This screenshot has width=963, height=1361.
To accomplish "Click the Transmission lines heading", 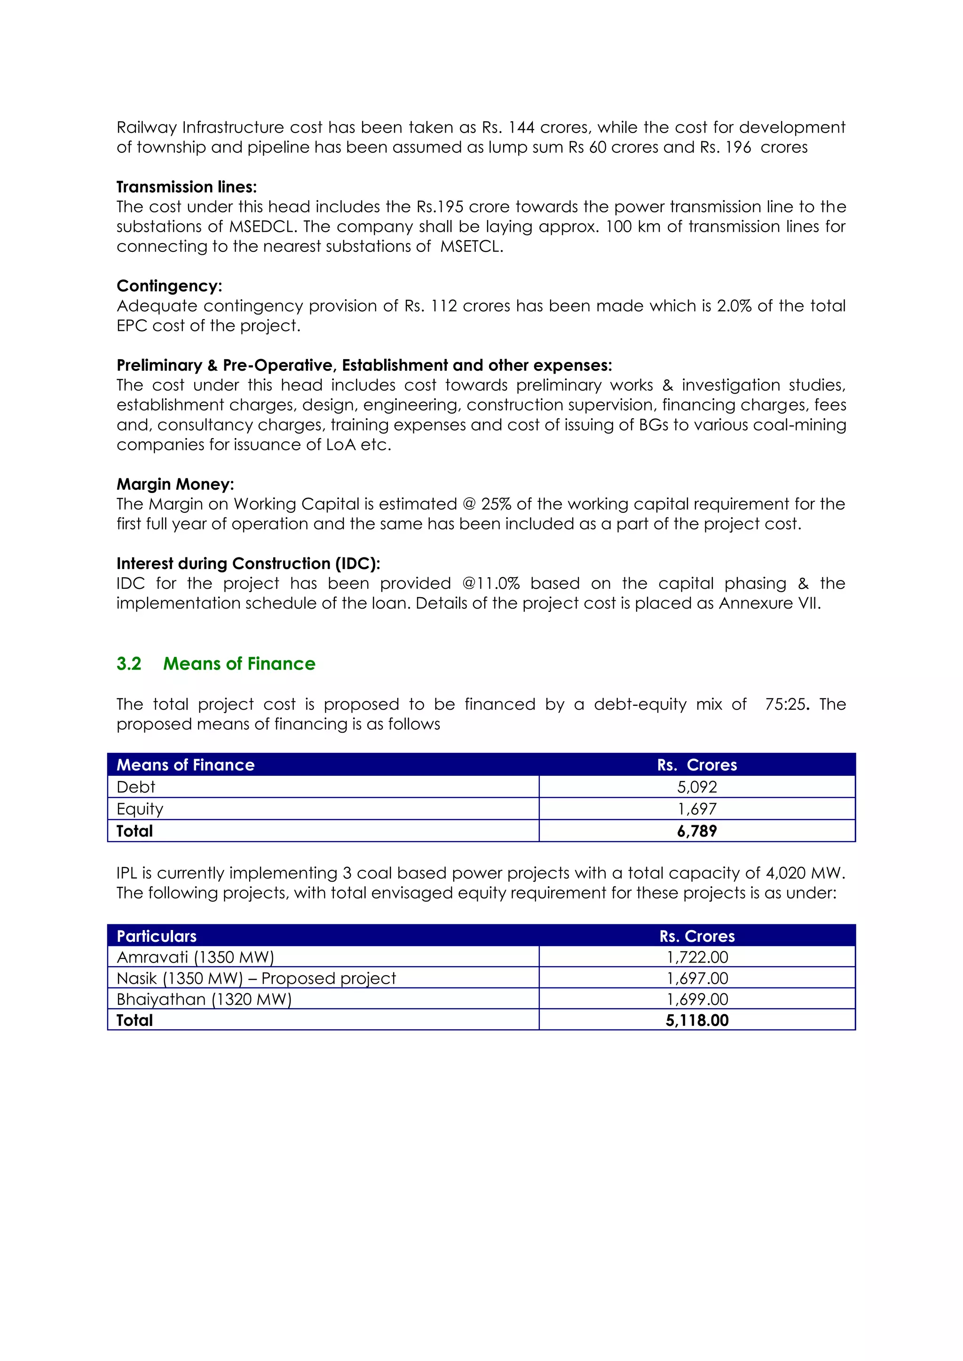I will [186, 188].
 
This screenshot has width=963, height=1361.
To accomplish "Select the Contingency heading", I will [169, 286].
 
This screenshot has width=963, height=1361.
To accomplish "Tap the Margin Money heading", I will [175, 485].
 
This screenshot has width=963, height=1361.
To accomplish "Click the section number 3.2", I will [129, 664].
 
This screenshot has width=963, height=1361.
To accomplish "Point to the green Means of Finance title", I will [239, 664].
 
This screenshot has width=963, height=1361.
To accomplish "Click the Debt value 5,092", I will [697, 787].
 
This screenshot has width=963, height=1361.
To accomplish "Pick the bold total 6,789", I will [697, 831].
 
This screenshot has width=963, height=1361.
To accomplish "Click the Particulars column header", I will [157, 936].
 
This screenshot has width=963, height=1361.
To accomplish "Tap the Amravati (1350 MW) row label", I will [195, 957].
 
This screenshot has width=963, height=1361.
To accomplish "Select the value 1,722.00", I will [697, 957].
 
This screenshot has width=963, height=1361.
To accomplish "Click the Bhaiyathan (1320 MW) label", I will [204, 1000].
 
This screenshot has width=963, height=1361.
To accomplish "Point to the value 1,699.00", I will [697, 1000].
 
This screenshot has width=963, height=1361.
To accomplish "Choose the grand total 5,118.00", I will [697, 1020].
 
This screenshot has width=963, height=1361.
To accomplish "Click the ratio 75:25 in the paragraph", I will [786, 704].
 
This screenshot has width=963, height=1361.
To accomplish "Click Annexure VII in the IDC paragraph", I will [769, 603].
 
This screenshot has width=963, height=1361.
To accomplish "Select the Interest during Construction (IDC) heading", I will [248, 564].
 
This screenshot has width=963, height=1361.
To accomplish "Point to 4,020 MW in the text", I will [803, 873].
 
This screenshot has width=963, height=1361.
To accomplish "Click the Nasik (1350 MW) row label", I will [256, 978].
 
